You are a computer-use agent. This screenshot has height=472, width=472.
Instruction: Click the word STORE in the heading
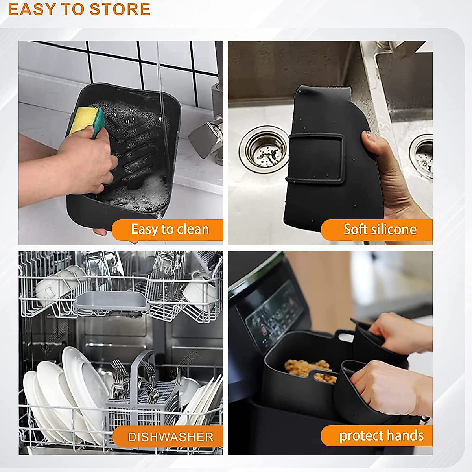[x=120, y=9]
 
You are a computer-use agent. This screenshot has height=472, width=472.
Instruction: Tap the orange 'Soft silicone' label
[x=378, y=230]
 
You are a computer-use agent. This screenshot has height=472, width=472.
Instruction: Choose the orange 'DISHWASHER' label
[x=169, y=437]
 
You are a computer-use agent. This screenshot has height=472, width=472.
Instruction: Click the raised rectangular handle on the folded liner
[x=317, y=157]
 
